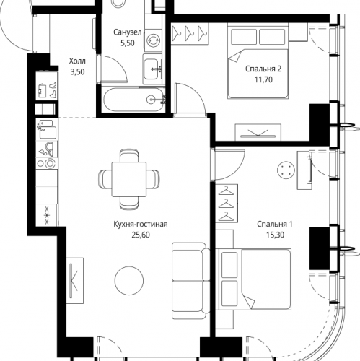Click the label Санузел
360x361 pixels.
tap(127, 32)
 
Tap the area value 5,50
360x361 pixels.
tap(127, 43)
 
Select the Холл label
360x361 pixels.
tap(77, 61)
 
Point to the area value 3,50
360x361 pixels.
tap(77, 71)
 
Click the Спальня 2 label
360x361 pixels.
tap(263, 69)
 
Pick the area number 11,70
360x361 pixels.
tap(263, 79)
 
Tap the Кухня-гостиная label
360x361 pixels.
tap(141, 225)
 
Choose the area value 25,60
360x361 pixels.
tap(141, 235)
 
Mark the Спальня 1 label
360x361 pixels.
tap(275, 225)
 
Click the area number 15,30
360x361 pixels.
tap(275, 235)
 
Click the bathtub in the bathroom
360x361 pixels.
tap(134, 100)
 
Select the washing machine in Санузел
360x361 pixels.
tap(153, 40)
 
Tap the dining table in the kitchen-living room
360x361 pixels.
tap(129, 179)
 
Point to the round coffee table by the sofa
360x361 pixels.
tap(129, 280)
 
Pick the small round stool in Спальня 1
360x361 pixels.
tap(286, 170)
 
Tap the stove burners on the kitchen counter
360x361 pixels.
tap(47, 163)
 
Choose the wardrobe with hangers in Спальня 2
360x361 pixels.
tap(190, 34)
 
